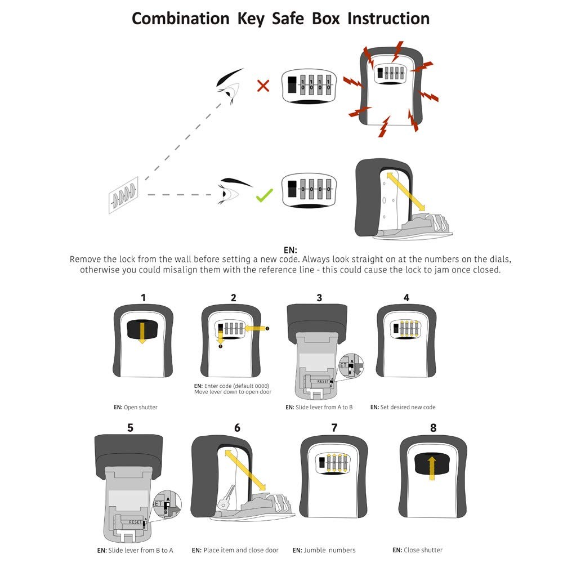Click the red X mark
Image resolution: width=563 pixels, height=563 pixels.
[x=263, y=86]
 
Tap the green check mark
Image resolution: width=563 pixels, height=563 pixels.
[x=264, y=195]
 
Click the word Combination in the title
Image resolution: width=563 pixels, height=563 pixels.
[x=180, y=18]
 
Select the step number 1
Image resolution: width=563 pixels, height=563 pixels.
[x=143, y=297]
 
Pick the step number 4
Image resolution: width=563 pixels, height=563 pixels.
[x=406, y=297]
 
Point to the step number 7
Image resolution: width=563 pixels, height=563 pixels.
[x=334, y=427]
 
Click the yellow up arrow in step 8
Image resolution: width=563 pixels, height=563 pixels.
[x=432, y=467]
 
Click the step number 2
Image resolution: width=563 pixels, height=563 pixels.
[x=233, y=297]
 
